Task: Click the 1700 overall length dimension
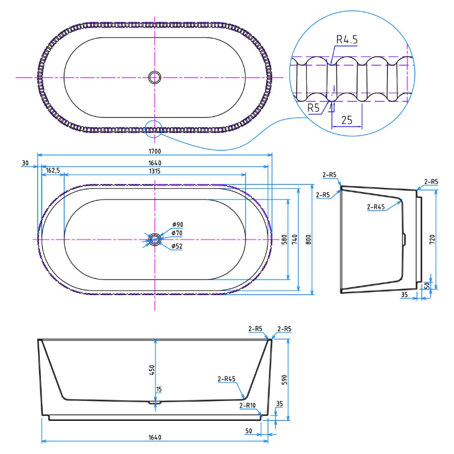(155, 151)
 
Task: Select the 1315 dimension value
(155, 171)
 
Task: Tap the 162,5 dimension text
(53, 170)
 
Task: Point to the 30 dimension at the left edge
(25, 163)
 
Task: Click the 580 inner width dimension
(284, 239)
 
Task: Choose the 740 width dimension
(295, 239)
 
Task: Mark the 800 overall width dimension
(308, 239)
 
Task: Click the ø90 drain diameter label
(178, 224)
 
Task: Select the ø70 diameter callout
(177, 233)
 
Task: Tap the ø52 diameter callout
(177, 246)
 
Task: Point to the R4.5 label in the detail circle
(347, 39)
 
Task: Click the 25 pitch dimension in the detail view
(346, 120)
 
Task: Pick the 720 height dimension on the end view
(432, 239)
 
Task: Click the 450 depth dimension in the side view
(152, 370)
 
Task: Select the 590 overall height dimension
(284, 380)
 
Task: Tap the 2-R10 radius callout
(247, 405)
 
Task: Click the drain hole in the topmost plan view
(155, 77)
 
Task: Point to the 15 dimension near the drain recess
(158, 390)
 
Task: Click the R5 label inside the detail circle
(313, 108)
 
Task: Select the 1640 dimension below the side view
(155, 437)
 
